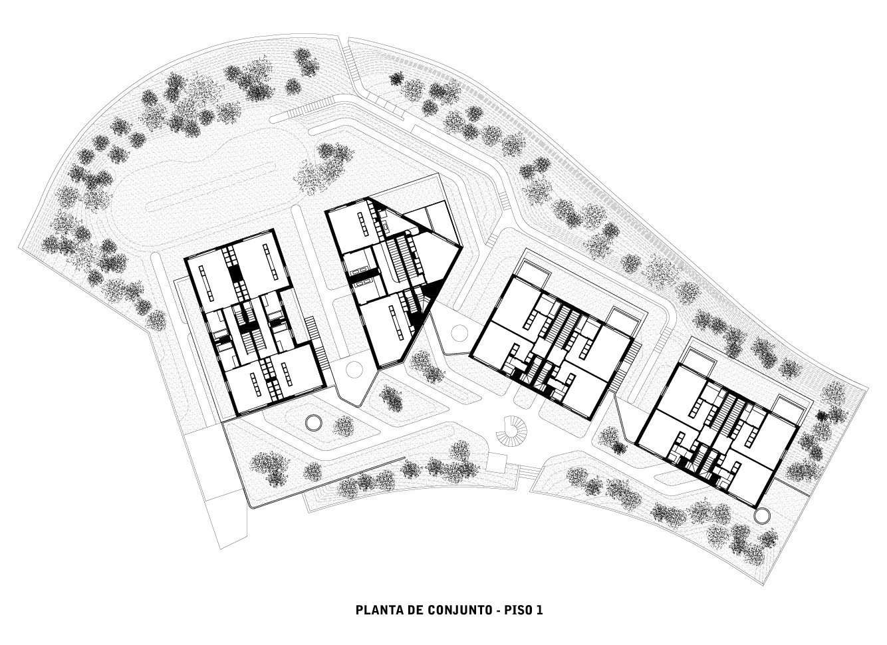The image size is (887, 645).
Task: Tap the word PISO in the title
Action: [x=519, y=610]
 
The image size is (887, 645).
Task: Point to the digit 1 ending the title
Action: [x=541, y=610]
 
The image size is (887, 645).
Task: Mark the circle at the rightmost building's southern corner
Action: [x=762, y=515]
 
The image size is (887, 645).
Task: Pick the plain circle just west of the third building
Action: [x=459, y=332]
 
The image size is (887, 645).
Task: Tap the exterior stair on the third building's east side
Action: [x=633, y=352]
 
